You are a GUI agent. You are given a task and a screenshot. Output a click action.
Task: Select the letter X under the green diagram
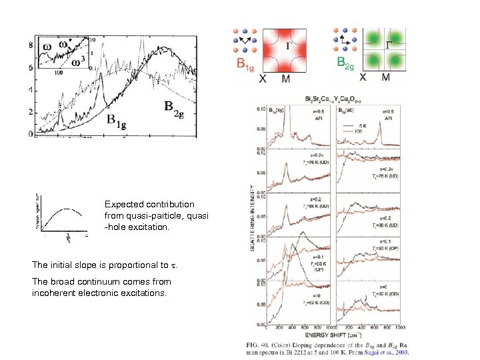[363, 77]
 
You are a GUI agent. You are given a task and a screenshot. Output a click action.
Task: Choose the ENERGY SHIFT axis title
[333, 334]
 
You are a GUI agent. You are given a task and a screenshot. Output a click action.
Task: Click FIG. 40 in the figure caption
[260, 343]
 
